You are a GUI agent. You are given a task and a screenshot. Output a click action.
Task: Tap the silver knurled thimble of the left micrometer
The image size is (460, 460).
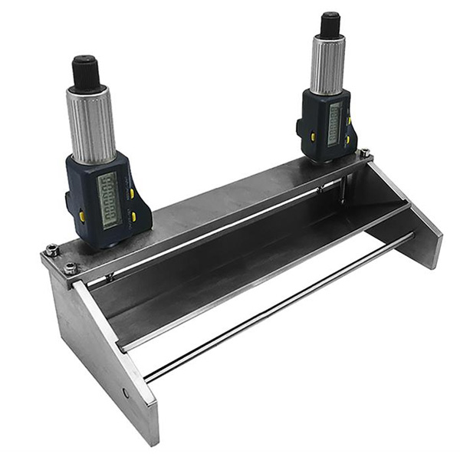point(93,123)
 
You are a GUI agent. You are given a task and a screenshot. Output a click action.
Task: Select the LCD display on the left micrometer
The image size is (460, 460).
point(109,199)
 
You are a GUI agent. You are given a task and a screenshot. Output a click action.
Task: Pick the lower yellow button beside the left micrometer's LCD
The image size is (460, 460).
point(133,218)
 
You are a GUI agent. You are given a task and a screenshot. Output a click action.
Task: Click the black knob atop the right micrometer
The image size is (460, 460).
point(330,25)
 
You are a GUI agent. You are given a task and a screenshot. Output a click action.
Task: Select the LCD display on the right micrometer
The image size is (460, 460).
point(333,123)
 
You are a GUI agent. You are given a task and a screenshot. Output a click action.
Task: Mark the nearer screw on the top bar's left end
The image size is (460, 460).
point(70,268)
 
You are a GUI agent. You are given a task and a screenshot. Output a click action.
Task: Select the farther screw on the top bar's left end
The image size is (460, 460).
point(52,249)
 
